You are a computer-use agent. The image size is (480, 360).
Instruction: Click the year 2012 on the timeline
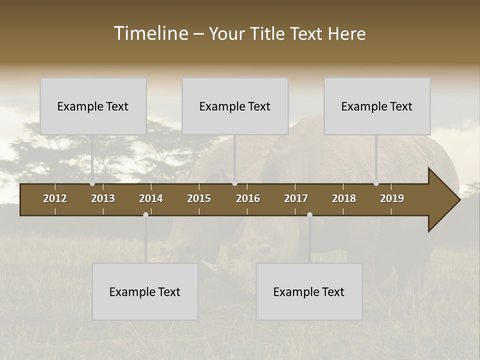click(55, 198)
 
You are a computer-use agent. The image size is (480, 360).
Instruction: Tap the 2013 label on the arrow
click(103, 198)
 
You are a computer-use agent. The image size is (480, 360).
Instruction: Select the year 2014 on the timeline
click(151, 198)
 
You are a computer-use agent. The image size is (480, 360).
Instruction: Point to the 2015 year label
click(199, 198)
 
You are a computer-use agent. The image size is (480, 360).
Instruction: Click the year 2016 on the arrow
click(248, 198)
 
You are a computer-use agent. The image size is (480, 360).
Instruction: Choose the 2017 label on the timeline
click(296, 198)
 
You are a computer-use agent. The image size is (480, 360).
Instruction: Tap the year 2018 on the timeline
click(344, 198)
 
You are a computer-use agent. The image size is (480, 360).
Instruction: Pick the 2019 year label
click(392, 198)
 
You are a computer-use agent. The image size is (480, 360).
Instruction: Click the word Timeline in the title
click(150, 33)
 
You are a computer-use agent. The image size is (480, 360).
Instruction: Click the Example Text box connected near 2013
click(93, 106)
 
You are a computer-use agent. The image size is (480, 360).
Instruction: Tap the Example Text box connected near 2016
click(235, 106)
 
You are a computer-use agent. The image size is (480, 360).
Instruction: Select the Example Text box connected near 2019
click(377, 106)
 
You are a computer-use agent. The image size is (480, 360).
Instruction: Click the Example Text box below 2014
click(145, 291)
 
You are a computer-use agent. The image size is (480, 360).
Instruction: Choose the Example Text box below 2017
click(309, 291)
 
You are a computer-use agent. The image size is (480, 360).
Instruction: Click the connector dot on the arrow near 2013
click(92, 183)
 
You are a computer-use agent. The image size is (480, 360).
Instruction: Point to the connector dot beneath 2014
click(145, 214)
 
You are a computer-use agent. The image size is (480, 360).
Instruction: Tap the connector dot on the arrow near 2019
click(376, 183)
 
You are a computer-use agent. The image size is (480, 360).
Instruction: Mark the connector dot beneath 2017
click(309, 214)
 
